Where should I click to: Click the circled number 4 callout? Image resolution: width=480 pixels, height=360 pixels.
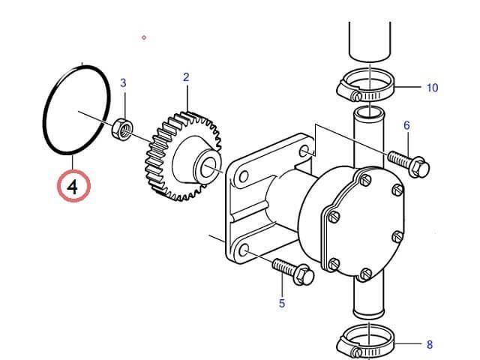(x=73, y=186)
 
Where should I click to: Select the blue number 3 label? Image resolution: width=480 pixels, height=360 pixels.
(x=123, y=83)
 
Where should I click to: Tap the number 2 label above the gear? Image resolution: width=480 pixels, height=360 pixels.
(x=186, y=77)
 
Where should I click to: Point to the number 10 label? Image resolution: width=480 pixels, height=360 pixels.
(x=432, y=88)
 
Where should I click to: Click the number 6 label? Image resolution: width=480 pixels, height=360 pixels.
(x=406, y=125)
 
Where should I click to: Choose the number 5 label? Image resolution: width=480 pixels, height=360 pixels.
(x=282, y=303)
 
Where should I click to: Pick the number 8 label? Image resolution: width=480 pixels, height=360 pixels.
(x=430, y=345)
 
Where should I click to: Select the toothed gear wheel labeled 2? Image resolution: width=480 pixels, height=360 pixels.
(x=183, y=156)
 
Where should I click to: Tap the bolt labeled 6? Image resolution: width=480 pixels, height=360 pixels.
(x=409, y=163)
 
